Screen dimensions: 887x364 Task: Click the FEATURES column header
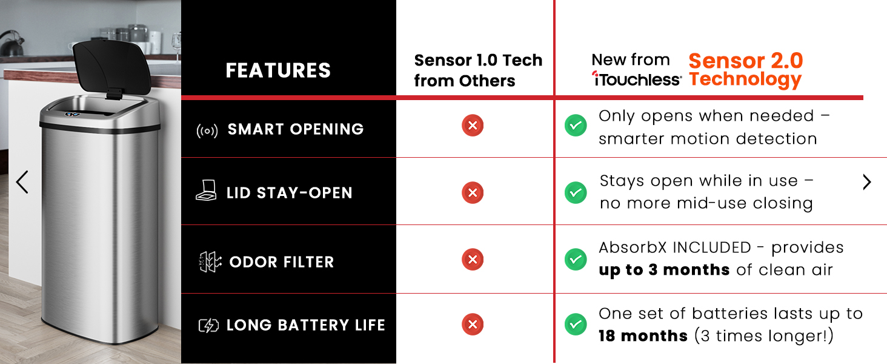(x=278, y=70)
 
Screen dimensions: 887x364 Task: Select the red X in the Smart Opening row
(x=473, y=126)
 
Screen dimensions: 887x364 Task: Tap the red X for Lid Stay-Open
(x=473, y=193)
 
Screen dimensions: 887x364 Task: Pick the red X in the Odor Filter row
(x=473, y=259)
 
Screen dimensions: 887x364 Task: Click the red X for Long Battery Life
(x=473, y=325)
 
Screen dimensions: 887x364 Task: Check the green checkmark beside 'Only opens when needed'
(x=576, y=126)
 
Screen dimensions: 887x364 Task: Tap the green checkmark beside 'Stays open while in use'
(x=576, y=193)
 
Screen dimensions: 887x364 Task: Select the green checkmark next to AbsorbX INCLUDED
(x=576, y=259)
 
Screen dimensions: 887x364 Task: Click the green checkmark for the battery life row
(x=576, y=325)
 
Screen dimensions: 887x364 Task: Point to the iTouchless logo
(x=636, y=79)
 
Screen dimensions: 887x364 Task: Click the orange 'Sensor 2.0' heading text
(x=746, y=61)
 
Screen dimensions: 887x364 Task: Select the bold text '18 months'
(x=643, y=336)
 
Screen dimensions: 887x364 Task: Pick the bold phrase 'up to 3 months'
(x=663, y=270)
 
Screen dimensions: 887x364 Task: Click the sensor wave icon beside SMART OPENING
(x=207, y=130)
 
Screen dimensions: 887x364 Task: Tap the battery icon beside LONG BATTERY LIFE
(x=208, y=326)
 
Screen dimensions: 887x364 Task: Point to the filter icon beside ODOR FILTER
(x=210, y=262)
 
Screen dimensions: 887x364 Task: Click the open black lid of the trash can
(x=111, y=67)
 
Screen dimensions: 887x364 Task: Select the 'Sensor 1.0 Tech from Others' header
(x=478, y=70)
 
